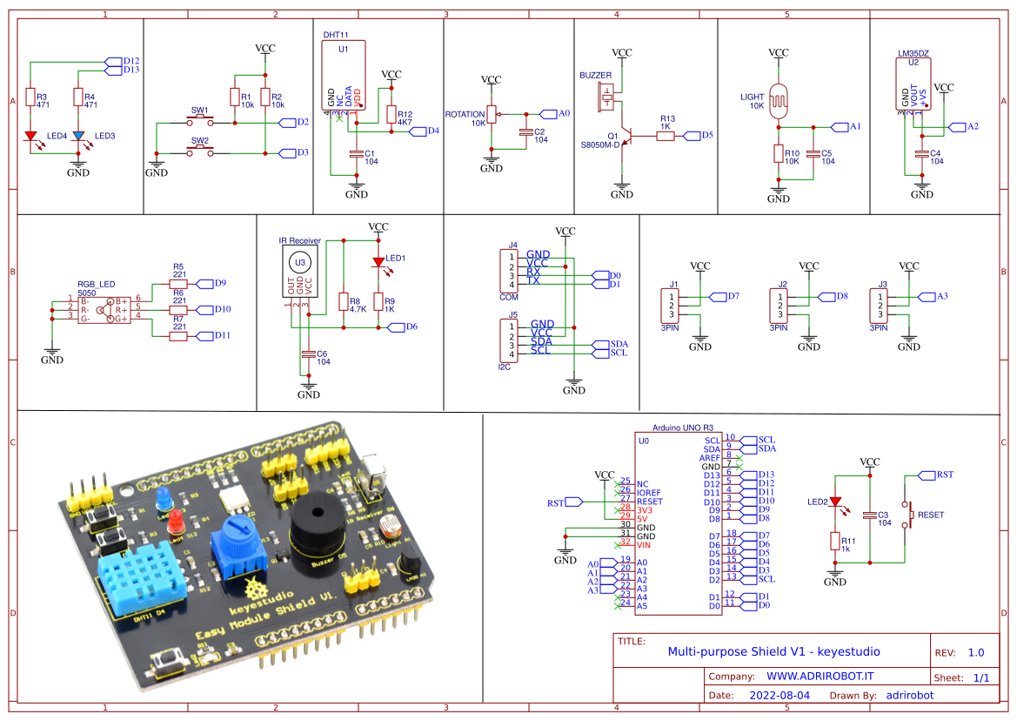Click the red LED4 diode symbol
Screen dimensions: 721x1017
[30, 136]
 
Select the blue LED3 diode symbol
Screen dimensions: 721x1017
[78, 136]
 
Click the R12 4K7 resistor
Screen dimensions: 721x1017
[391, 116]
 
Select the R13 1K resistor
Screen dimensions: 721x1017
[666, 135]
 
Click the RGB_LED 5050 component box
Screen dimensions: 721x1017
[104, 309]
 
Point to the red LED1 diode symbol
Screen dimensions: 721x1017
[378, 261]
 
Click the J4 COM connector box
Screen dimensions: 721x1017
[505, 270]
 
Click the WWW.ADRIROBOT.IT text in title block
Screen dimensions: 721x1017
[820, 676]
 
